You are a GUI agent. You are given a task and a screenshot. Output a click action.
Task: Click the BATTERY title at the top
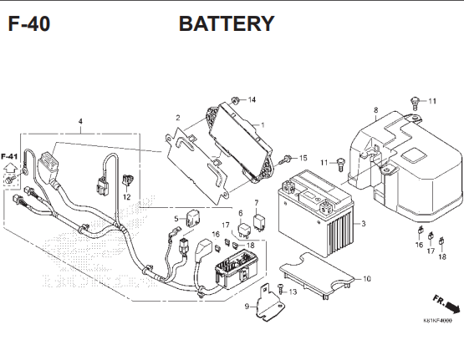pyautogui.click(x=226, y=23)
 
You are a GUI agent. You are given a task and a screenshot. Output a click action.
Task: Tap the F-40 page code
pyautogui.click(x=28, y=23)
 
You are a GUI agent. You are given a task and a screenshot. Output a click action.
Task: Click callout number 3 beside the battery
pyautogui.click(x=364, y=224)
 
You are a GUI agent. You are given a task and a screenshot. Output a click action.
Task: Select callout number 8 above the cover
pyautogui.click(x=375, y=110)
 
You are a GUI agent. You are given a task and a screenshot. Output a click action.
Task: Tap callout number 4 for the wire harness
pyautogui.click(x=80, y=121)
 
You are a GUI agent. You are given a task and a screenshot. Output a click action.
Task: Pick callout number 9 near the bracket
pyautogui.click(x=246, y=307)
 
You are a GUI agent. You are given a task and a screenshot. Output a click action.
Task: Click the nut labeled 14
pyautogui.click(x=237, y=101)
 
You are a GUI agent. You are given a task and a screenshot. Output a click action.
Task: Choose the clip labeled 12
pyautogui.click(x=127, y=180)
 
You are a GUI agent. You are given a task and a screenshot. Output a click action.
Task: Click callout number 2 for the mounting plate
pyautogui.click(x=177, y=118)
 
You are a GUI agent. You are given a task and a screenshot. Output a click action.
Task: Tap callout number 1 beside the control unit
pyautogui.click(x=263, y=125)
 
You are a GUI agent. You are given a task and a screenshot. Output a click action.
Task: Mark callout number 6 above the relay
pyautogui.click(x=240, y=213)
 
